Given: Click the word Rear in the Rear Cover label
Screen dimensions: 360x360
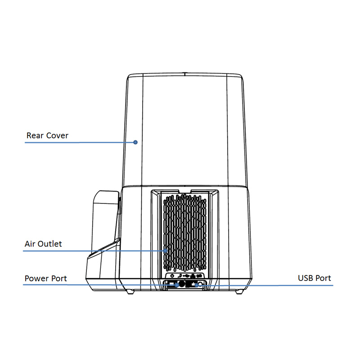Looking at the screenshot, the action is click(35, 135).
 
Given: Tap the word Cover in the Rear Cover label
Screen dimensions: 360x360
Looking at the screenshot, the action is click(57, 135).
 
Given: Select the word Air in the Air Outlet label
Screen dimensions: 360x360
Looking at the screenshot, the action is click(30, 244).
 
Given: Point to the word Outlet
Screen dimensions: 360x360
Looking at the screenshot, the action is click(49, 244).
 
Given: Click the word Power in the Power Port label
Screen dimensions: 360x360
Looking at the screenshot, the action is click(37, 279).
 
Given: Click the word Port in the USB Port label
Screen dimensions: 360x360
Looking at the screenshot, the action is click(323, 278).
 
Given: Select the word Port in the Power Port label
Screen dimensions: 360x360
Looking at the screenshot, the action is click(59, 279).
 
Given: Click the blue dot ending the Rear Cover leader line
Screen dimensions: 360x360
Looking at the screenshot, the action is click(135, 142).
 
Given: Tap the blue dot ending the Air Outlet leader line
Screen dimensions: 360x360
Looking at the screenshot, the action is click(165, 251).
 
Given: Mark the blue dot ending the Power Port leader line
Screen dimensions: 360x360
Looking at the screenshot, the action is click(176, 285).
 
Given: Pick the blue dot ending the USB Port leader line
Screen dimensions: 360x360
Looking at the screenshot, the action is click(197, 285).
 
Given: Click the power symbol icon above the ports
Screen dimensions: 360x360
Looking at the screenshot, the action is click(172, 275).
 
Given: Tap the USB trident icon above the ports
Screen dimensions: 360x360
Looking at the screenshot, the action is click(186, 275).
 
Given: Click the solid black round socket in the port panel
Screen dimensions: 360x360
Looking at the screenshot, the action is click(182, 284).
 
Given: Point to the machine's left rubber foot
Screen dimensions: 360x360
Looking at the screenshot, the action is click(130, 292).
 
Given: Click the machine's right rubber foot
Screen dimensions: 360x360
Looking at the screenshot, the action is click(239, 292).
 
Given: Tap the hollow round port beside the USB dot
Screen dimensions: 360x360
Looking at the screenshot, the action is click(200, 285).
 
